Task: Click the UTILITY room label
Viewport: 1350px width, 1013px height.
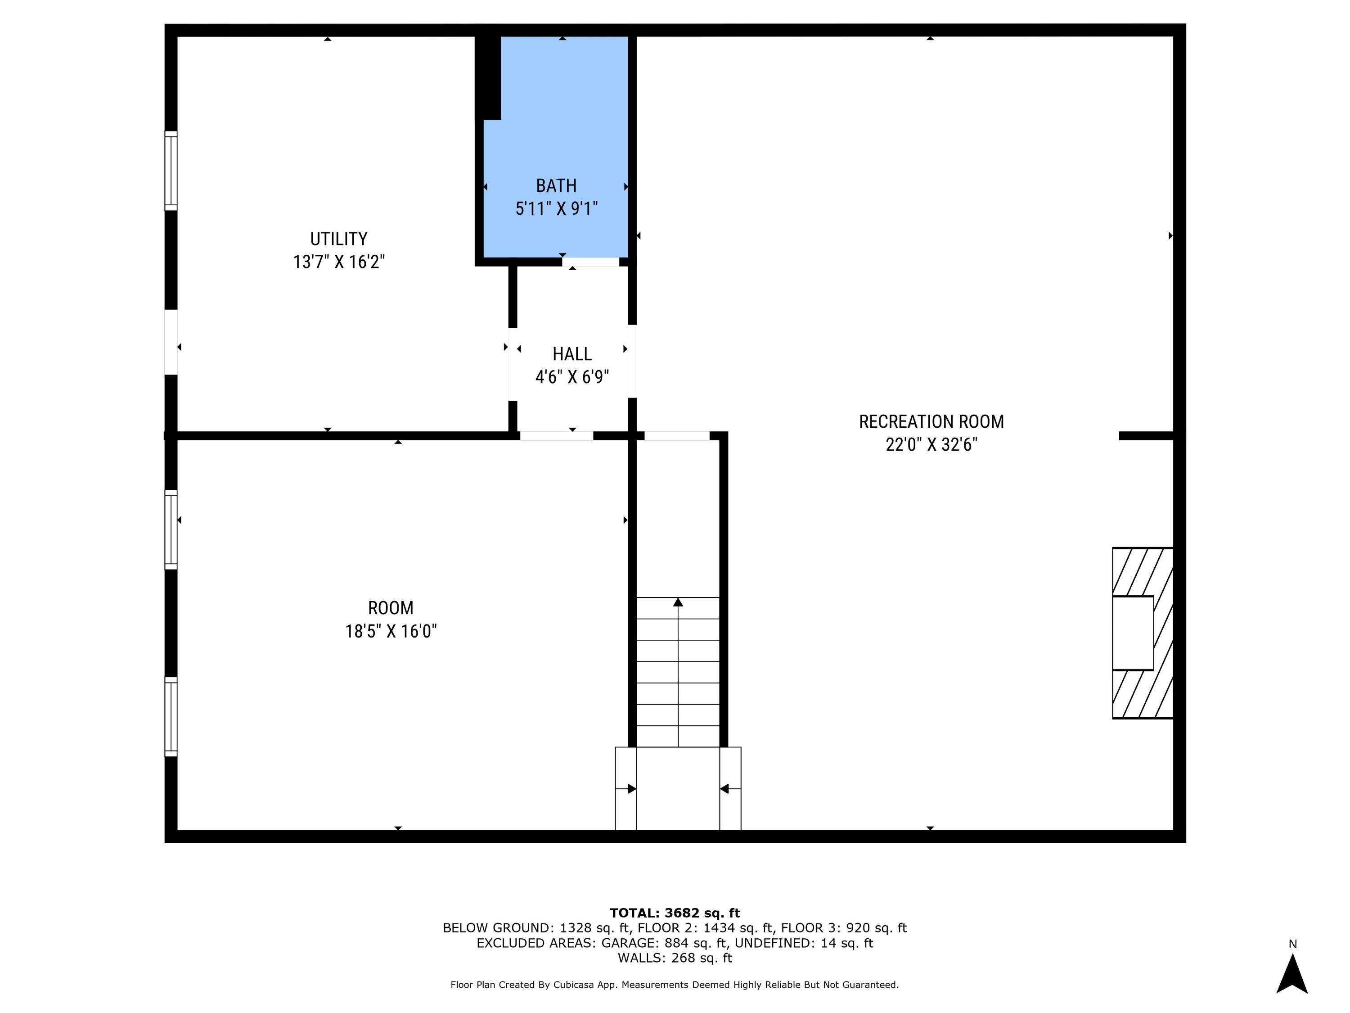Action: [x=339, y=238]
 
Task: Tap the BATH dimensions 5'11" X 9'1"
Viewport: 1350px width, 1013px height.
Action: [x=556, y=209]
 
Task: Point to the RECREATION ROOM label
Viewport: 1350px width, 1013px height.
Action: [x=931, y=421]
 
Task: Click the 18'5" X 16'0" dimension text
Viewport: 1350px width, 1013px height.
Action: [x=391, y=631]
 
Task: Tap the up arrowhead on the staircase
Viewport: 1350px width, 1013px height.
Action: [x=677, y=603]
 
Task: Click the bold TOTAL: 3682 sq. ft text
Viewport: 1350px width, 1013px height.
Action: [x=675, y=913]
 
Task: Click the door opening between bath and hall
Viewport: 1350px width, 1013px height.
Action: [x=590, y=262]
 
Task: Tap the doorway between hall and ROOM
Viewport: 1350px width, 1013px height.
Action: [x=556, y=436]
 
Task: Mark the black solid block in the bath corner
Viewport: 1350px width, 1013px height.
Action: [x=488, y=77]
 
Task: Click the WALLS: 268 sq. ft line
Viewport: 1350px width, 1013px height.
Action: [x=675, y=958]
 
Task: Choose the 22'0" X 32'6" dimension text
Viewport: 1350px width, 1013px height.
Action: [x=931, y=444]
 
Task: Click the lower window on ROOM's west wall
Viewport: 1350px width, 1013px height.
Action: [x=171, y=716]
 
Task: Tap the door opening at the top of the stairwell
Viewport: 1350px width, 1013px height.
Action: [x=677, y=436]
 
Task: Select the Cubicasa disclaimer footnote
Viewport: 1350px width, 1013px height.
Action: [x=675, y=984]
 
